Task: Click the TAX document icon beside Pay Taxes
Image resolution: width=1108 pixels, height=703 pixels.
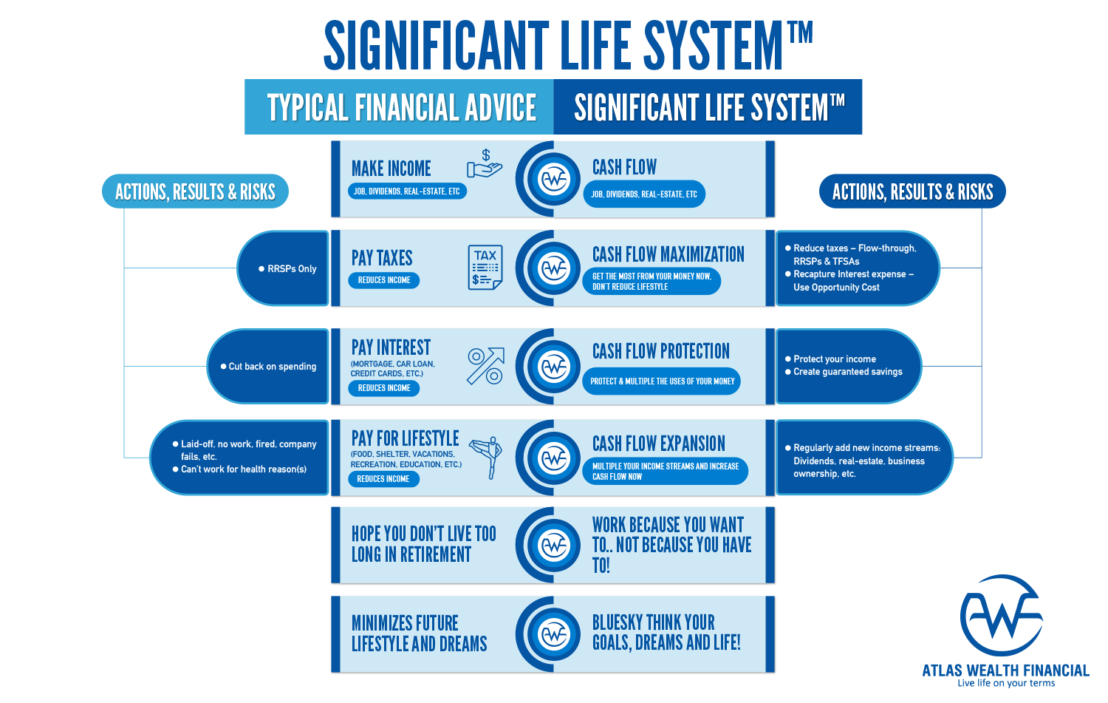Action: (485, 267)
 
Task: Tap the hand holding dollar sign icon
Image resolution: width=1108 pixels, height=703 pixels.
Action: (484, 165)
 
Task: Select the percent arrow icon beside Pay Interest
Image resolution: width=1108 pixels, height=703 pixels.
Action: (485, 366)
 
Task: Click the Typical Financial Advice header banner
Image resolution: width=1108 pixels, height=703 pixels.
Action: (401, 108)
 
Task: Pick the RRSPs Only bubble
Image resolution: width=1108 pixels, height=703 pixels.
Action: (284, 268)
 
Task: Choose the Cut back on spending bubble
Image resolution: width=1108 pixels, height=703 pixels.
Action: (270, 367)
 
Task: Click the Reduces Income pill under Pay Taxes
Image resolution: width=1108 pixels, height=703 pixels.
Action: (384, 280)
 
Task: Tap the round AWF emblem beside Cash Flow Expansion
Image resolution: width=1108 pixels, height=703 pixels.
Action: (554, 458)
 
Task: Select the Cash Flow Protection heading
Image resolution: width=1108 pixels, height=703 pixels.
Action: (660, 351)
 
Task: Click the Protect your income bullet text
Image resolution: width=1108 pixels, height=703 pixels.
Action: (835, 359)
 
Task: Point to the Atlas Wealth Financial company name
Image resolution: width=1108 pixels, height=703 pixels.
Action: (1005, 670)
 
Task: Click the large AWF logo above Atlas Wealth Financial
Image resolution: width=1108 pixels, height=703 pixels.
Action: (1001, 617)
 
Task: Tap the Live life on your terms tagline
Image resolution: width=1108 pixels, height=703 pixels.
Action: (1006, 684)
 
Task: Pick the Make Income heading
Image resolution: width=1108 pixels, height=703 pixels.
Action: (391, 169)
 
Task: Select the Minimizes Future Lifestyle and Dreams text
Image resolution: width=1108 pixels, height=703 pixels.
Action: (419, 634)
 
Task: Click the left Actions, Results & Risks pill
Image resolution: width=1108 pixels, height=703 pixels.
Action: (195, 192)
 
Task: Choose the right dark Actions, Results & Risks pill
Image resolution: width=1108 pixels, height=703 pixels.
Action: (912, 192)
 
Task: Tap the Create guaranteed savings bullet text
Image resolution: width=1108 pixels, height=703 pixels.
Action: (847, 372)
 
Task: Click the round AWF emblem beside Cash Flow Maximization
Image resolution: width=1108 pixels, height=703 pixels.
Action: (554, 268)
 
